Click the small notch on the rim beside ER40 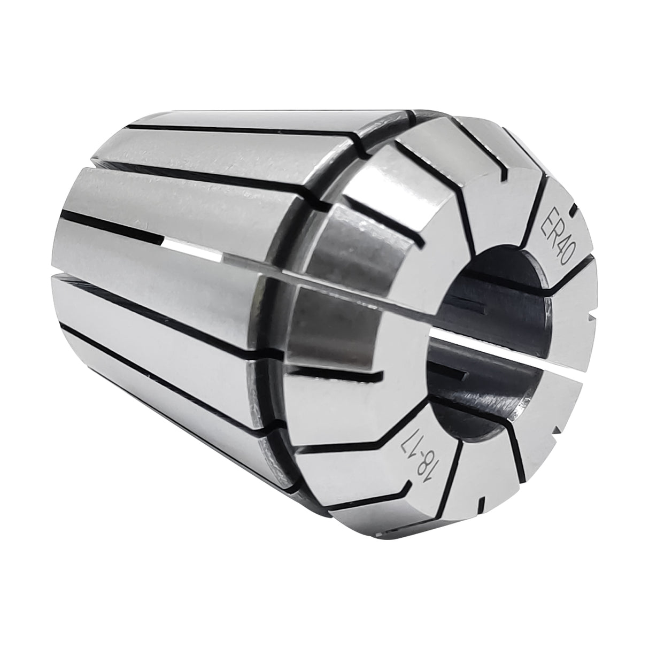click(574, 212)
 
